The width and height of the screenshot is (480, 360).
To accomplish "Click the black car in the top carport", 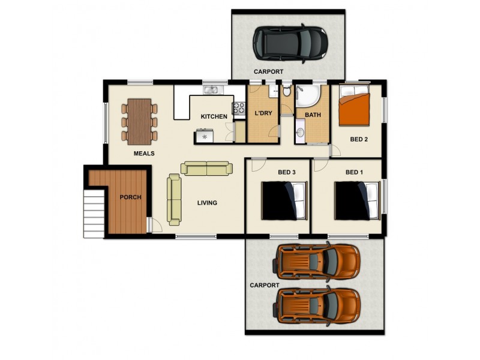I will point(290,43).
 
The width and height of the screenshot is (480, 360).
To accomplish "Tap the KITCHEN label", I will point(214,116).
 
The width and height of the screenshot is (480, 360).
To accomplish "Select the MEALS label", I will point(144,154).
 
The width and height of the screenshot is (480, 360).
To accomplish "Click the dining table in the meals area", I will point(139,121).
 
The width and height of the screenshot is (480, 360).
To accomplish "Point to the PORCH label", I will point(130,197).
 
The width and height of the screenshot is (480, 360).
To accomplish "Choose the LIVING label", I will point(207,203).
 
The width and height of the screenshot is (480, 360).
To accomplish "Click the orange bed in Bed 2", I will point(354,108).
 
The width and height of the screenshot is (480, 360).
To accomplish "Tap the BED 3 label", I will point(287,173).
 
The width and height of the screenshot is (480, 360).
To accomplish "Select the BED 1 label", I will point(355,173).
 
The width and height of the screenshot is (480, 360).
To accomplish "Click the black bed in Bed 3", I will point(284,201).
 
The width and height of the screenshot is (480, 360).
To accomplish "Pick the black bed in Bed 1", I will point(357,201).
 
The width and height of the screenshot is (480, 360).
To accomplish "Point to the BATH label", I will point(313,115).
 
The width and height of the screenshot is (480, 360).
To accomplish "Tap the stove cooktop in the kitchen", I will point(239,108).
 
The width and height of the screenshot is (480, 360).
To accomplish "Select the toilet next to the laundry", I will point(286,92).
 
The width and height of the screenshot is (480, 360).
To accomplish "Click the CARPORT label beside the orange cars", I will point(264,286).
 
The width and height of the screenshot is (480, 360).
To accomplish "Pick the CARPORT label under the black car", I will point(268,71).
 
